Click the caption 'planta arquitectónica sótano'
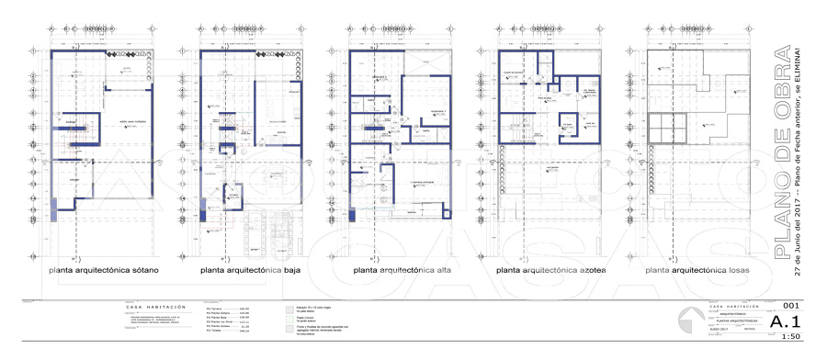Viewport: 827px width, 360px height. click(x=105, y=271)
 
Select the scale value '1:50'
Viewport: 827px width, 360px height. click(x=790, y=337)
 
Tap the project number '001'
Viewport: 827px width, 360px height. click(x=789, y=306)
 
